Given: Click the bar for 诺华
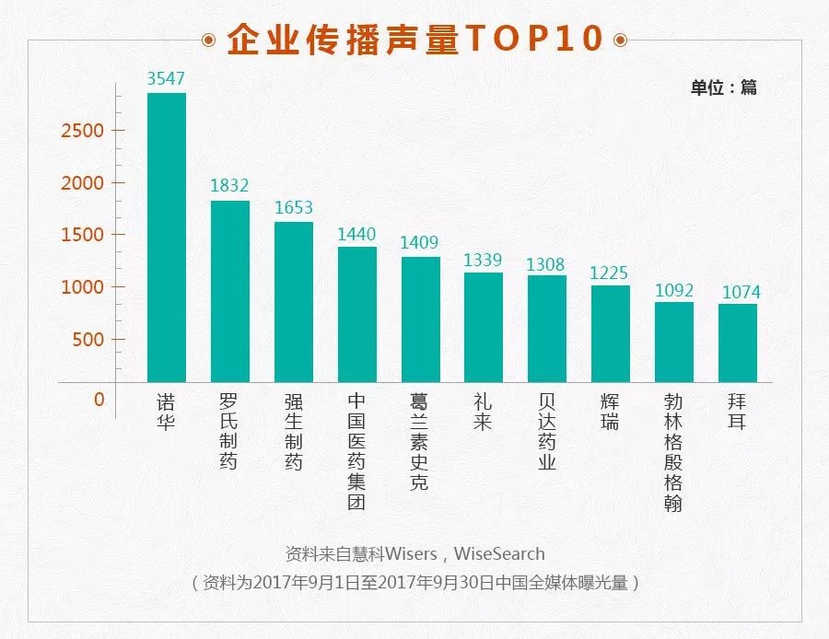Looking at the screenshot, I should (x=167, y=238).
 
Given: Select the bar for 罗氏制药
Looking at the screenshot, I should (x=229, y=291).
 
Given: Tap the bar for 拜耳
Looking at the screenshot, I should (x=737, y=343).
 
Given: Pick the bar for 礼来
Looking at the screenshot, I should (x=484, y=327).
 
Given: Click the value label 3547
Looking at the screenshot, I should (x=167, y=78).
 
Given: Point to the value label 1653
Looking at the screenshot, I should (x=294, y=208).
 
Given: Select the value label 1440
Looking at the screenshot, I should (x=356, y=233).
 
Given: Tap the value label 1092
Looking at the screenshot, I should (x=674, y=289).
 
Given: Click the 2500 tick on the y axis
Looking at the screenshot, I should (x=82, y=131).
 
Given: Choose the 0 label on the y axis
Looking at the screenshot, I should (x=99, y=400).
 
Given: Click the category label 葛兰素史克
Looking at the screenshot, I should (x=419, y=443).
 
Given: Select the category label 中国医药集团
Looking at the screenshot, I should (x=356, y=452).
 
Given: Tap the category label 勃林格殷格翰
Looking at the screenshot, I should (x=673, y=453).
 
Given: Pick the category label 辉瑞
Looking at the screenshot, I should (x=610, y=412).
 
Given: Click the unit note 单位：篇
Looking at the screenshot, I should (x=723, y=88).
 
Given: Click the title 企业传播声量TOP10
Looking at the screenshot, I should (x=414, y=39).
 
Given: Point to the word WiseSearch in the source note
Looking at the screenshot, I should (x=500, y=554).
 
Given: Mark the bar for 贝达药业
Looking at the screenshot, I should (x=546, y=328).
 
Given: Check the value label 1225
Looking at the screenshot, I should (x=610, y=273).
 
